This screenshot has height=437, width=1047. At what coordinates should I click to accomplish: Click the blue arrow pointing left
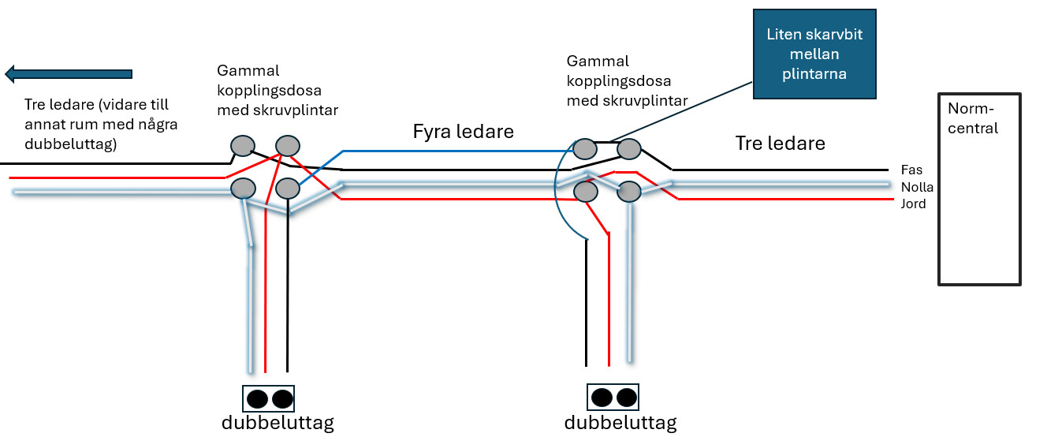[69, 74]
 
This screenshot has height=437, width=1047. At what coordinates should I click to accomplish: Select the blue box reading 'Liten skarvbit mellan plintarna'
[814, 54]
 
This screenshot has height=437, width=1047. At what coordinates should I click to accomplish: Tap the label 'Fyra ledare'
[464, 132]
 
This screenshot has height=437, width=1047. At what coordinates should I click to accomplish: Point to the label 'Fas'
[911, 170]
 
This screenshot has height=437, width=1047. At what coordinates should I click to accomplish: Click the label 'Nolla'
[917, 187]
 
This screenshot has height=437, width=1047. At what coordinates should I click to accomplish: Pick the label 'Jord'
[914, 204]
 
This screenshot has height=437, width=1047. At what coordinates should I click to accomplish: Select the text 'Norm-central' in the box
[973, 118]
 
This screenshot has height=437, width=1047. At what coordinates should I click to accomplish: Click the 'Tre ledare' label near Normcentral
[780, 143]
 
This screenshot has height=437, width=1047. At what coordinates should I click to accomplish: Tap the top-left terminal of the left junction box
[243, 145]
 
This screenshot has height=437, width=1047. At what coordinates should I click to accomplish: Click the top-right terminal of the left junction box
[287, 145]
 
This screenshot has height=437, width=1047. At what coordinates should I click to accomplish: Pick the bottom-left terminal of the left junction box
[243, 189]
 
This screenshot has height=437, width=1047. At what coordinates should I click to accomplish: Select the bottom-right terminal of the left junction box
[287, 189]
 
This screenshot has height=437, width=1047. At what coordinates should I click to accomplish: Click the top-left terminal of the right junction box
[584, 148]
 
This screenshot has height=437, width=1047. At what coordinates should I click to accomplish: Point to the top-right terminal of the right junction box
[628, 148]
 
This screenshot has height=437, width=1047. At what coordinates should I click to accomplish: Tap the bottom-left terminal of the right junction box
[584, 191]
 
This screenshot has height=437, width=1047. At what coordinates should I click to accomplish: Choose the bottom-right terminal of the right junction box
[628, 191]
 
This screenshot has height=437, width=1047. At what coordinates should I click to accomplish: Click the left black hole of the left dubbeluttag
[257, 398]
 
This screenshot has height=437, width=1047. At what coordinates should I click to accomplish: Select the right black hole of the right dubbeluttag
[626, 396]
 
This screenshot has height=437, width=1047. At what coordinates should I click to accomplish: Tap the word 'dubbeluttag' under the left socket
[278, 423]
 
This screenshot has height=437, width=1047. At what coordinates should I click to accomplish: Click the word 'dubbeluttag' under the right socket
[620, 423]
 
